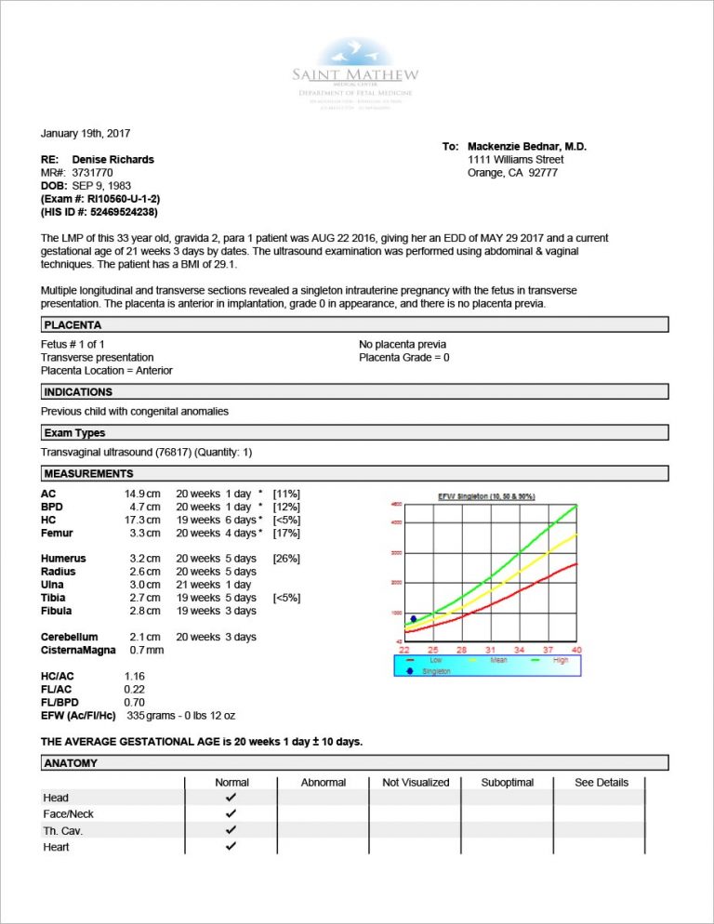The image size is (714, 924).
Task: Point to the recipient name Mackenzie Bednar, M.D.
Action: pyautogui.click(x=527, y=147)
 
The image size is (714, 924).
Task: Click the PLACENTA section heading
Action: pyautogui.click(x=73, y=325)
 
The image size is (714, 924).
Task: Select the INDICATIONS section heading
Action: pyautogui.click(x=78, y=392)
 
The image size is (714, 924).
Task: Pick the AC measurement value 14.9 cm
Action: pyautogui.click(x=142, y=494)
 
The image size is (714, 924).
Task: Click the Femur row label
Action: pyautogui.click(x=57, y=534)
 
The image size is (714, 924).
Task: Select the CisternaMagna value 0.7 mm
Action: pyautogui.click(x=142, y=650)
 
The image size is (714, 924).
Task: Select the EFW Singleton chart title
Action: pyautogui.click(x=486, y=496)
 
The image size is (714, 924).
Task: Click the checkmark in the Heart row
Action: pyautogui.click(x=231, y=847)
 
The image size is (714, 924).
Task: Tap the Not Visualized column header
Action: pyautogui.click(x=416, y=783)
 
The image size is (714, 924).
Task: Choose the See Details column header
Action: pyautogui.click(x=602, y=783)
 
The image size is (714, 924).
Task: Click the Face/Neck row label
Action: pyautogui.click(x=68, y=814)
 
